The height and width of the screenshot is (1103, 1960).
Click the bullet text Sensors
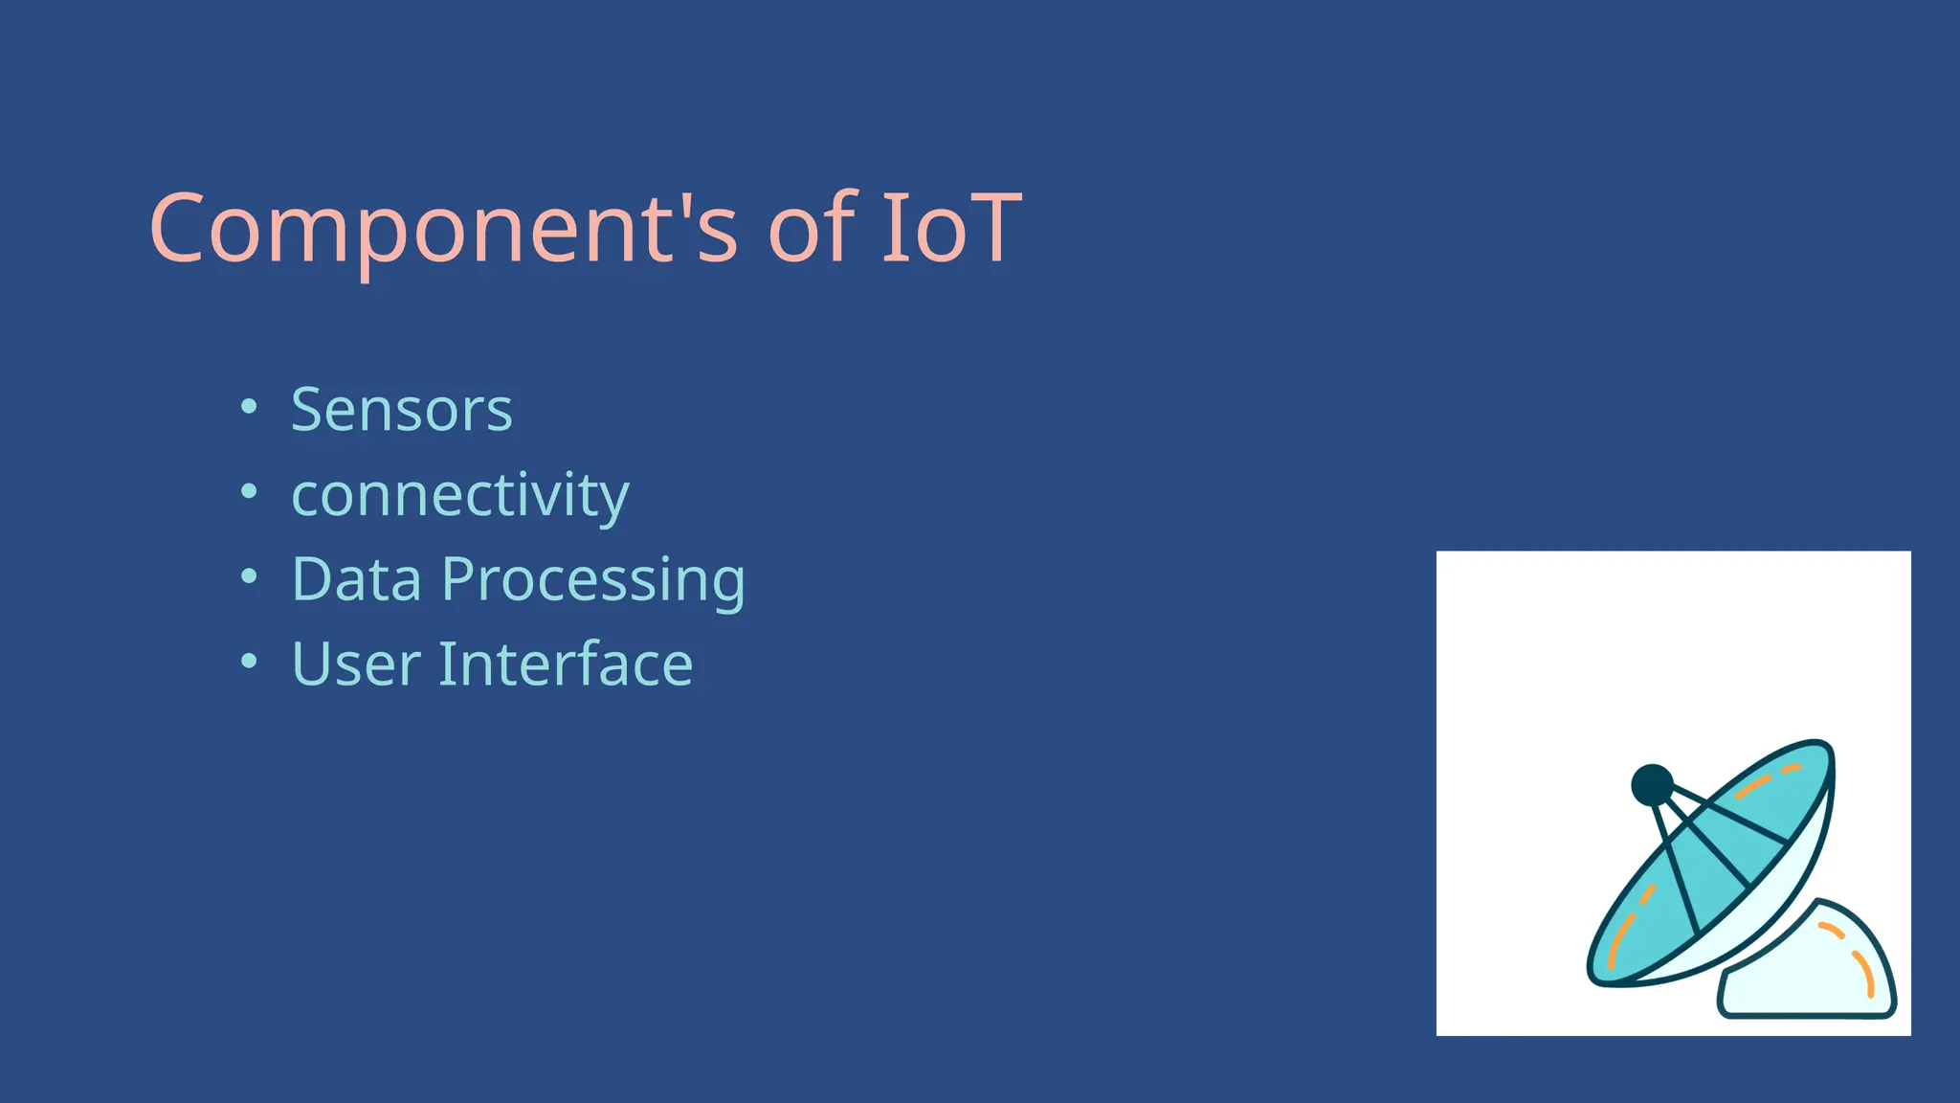coord(402,410)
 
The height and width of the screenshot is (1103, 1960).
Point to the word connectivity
coord(460,495)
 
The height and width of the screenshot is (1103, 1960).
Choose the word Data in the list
coord(357,579)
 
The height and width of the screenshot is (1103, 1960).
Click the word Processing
coord(593,581)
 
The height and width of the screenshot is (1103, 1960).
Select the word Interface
coord(566,664)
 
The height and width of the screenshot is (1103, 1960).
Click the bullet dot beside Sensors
coord(249,407)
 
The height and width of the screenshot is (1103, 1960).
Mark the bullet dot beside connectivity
coord(249,492)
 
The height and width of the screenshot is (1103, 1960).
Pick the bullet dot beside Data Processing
coord(249,576)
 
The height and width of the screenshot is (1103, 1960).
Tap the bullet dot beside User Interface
coord(249,661)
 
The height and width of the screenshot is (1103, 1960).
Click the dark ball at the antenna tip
coord(1652,785)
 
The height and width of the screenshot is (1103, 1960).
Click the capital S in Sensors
coord(307,410)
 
